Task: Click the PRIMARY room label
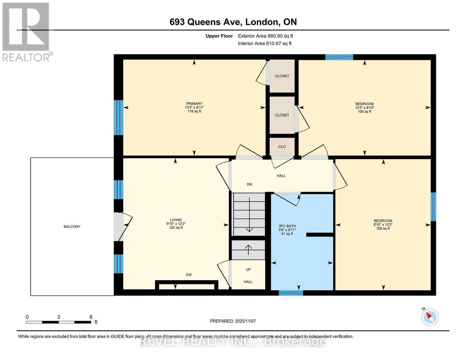coord(194,103)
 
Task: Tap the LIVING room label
coord(176,220)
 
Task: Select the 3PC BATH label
coord(287,226)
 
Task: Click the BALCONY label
coord(72,226)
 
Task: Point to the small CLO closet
coord(282,147)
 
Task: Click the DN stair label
coord(249,184)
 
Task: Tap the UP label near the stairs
coord(248,269)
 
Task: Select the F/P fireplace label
coord(189,275)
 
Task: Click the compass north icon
coord(430,317)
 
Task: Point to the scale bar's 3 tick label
coord(59,317)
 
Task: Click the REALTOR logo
coord(26,31)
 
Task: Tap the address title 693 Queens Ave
coord(233,22)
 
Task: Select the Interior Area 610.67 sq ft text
coord(265,43)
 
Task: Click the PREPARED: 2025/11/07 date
coord(233,321)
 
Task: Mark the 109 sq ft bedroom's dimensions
coord(365,108)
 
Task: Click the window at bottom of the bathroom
coord(291,293)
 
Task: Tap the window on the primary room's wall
coord(119,118)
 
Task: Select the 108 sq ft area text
coord(383,228)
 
